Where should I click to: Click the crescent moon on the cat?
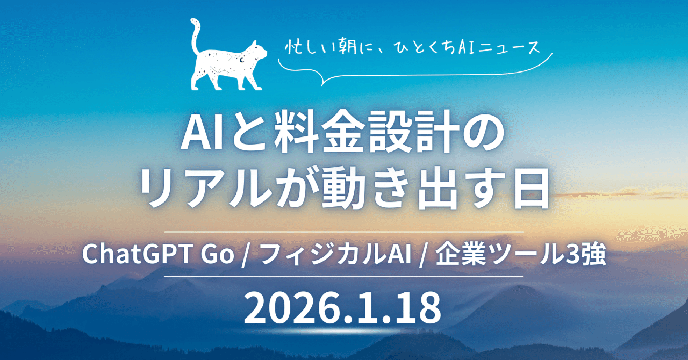tap(242, 61)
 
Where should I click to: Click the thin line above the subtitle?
tap(344, 232)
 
